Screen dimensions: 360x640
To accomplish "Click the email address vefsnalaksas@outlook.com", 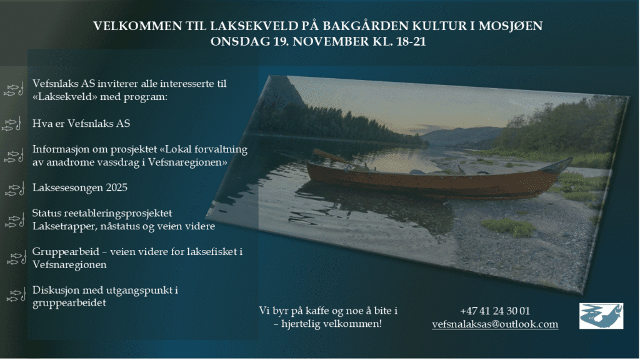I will (x=495, y=324).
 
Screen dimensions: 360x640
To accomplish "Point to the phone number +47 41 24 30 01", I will (x=495, y=311).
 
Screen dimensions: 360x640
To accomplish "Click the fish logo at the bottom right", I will (x=601, y=316).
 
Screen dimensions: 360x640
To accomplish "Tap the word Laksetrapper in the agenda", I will (x=61, y=226).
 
